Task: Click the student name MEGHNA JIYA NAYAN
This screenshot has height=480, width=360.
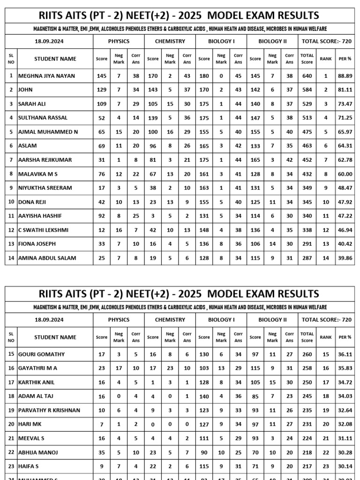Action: tap(46, 75)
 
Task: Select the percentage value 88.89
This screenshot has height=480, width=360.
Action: tap(345, 75)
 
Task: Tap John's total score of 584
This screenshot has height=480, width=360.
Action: tap(307, 90)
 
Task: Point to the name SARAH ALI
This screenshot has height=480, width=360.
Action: tap(32, 104)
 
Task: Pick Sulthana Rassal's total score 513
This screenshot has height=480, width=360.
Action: tap(307, 118)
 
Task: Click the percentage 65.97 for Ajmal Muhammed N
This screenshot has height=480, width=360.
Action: tap(345, 132)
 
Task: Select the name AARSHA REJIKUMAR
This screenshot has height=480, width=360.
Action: tap(45, 160)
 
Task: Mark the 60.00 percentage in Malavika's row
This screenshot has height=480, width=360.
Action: tap(345, 174)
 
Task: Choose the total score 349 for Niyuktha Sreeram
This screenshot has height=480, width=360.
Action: tap(307, 188)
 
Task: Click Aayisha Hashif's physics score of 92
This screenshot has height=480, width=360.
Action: tap(102, 216)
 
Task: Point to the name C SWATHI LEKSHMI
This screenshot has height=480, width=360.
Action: tap(43, 230)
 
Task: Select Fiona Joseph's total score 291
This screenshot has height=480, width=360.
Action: tap(307, 244)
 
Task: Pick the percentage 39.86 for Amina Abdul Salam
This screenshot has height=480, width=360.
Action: tap(345, 258)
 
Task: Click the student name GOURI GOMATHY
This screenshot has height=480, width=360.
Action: tap(41, 354)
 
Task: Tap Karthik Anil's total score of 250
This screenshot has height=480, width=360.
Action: tap(307, 382)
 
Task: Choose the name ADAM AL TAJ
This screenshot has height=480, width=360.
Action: tap(37, 397)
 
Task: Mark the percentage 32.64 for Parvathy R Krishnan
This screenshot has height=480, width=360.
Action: tap(345, 411)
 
